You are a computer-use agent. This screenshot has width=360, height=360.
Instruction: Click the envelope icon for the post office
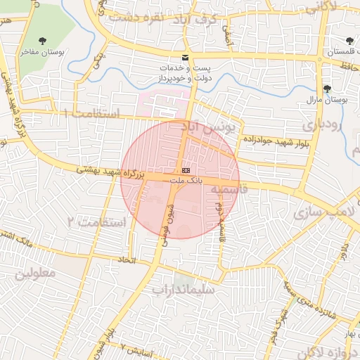(x=185, y=57)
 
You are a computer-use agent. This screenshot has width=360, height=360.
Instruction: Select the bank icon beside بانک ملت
(x=186, y=171)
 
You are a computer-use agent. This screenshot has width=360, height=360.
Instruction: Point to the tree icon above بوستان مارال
(x=326, y=88)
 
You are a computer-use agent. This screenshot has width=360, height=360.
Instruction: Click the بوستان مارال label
(x=326, y=100)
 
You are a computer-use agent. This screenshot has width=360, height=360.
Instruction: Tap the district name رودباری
(x=322, y=125)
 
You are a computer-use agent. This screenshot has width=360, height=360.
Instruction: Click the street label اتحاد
(x=127, y=260)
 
